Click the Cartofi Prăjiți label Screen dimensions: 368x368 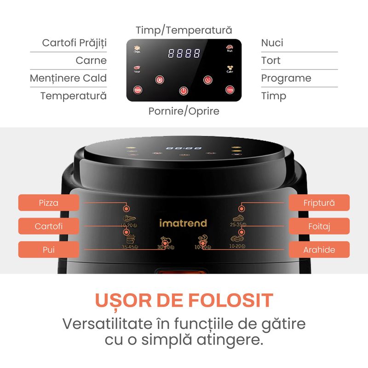tap(74, 43)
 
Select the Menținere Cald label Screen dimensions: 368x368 tap(68, 78)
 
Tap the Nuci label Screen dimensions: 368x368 tap(272, 43)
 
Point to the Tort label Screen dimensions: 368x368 tap(270, 60)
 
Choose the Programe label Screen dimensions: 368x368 tap(286, 78)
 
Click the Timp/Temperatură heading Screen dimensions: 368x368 tap(184, 30)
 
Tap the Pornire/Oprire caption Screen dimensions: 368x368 tap(184, 111)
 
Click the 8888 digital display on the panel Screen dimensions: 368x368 tap(184, 53)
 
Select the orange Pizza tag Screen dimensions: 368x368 tap(48, 202)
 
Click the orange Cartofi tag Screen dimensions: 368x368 tap(48, 226)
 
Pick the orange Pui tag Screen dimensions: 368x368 tap(48, 249)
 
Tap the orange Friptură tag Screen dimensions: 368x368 tap(319, 202)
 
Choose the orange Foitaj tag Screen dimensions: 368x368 tap(319, 226)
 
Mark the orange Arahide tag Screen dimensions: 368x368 tap(319, 249)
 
